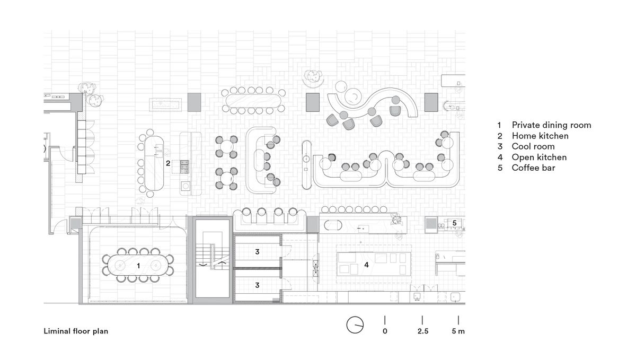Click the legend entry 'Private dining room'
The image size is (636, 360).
[551, 125]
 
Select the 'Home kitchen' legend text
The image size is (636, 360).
[540, 136]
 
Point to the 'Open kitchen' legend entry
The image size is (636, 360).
[539, 157]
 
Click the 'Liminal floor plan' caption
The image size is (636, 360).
[76, 331]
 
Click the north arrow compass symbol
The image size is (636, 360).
[355, 324]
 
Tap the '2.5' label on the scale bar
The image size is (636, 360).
[422, 331]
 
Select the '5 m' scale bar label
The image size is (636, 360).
[458, 331]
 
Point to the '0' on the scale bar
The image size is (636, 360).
[385, 331]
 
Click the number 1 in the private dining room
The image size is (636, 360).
[138, 265]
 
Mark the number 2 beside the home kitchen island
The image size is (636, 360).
[168, 163]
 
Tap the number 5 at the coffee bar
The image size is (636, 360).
[454, 223]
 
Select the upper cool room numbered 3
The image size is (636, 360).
[257, 252]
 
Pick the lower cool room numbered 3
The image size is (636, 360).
[257, 285]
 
